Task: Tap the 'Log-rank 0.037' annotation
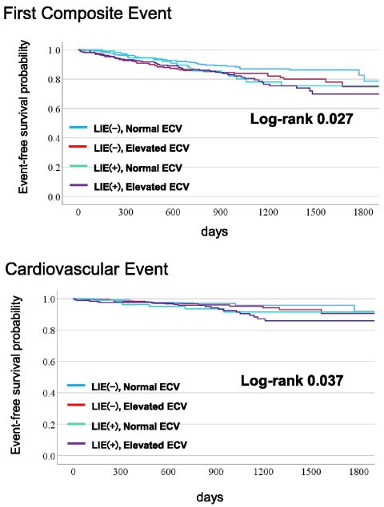(x=292, y=382)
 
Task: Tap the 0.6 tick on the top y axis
(x=53, y=109)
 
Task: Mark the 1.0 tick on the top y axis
(x=53, y=50)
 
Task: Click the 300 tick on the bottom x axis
(x=120, y=473)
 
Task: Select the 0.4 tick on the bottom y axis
(x=49, y=394)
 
